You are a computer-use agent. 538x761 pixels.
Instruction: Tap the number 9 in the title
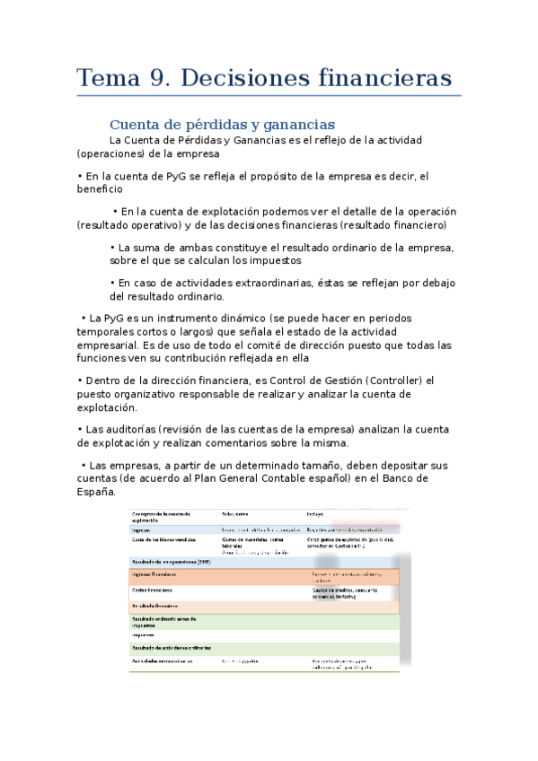coord(162,78)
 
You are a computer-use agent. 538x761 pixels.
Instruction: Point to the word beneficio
coord(100,189)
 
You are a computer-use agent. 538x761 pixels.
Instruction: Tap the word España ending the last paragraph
coord(96,492)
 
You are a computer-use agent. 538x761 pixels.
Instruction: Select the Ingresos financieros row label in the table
coord(154,573)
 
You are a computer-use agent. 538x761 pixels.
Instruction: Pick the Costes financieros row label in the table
coord(152,590)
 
